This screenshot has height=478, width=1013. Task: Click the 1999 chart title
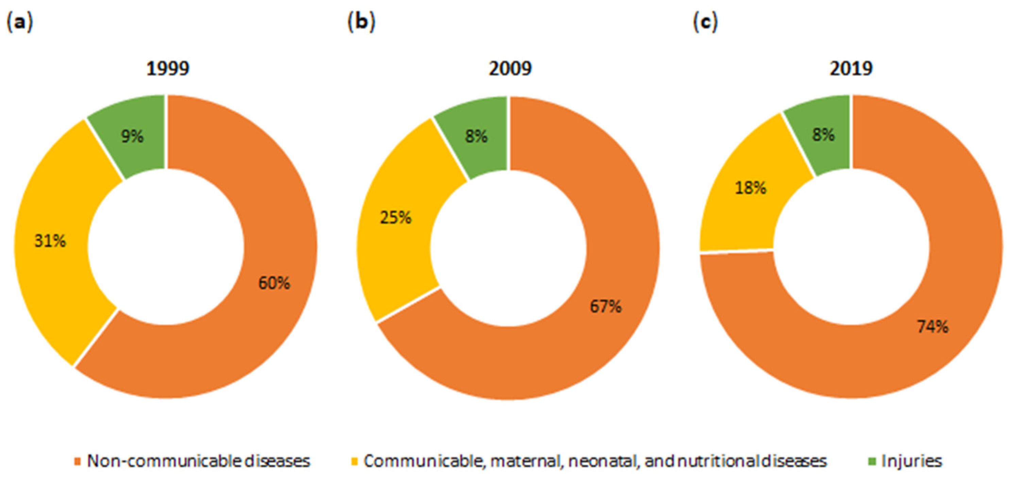pos(168,68)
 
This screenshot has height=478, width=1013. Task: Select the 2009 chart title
pos(510,68)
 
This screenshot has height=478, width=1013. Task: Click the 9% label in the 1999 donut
pos(132,137)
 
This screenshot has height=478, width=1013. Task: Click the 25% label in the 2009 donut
pos(395,217)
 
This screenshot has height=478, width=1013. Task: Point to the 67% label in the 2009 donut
pos(606,306)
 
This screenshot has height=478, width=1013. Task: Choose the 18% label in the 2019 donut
pos(750,188)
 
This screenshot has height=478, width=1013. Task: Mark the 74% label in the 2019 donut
pos(933,327)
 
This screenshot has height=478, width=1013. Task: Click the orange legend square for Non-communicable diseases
pos(78,461)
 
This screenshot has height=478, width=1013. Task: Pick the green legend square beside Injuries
pos(872,461)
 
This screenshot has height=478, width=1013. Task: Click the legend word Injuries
pos(912,461)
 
